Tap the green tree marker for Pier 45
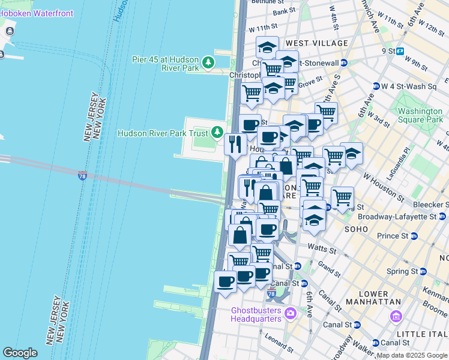(x=208, y=62)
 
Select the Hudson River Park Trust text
(x=162, y=133)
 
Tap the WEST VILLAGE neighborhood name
(x=317, y=43)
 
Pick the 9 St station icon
(x=400, y=52)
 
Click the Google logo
(x=20, y=353)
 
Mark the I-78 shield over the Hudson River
(x=82, y=176)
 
